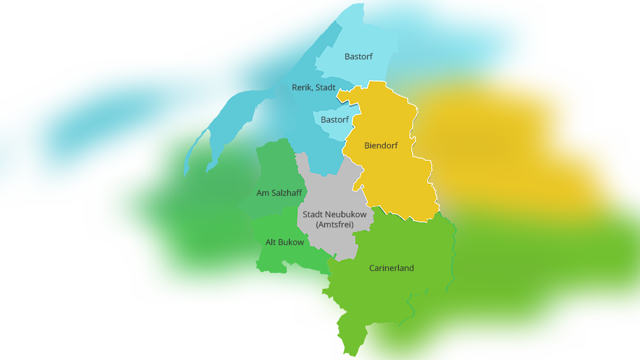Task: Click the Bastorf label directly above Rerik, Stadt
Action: point(359,57)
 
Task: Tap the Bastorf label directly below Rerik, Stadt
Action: point(335,120)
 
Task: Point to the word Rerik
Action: point(302,88)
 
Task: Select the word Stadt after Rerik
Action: point(325,88)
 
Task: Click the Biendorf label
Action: point(381,146)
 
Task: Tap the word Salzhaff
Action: point(287,193)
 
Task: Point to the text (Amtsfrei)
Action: point(335,225)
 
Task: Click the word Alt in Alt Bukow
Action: point(271,243)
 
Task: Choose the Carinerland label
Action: point(391,268)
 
